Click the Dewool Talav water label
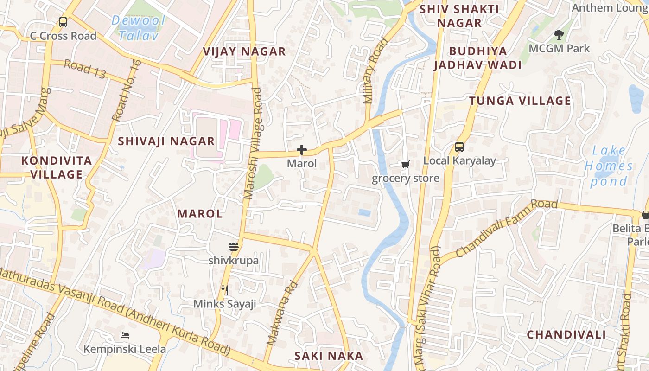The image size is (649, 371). point(139,28)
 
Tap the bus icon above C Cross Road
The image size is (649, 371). point(63,22)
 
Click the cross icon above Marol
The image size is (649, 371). point(302,150)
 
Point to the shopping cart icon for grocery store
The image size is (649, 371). point(406,164)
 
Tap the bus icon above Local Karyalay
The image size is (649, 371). point(459,147)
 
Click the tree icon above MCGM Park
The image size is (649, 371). point(559,34)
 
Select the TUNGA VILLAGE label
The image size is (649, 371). point(520,101)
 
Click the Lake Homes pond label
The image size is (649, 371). point(609,166)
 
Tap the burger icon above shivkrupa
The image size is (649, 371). point(233,246)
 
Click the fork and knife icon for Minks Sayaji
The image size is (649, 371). point(225,290)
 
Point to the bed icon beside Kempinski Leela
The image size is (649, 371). point(124,335)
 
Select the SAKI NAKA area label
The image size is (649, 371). point(329,356)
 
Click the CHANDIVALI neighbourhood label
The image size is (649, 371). point(566,334)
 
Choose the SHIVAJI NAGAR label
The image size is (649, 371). point(166,141)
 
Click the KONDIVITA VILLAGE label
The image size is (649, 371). point(57,167)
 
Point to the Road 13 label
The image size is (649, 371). point(85,69)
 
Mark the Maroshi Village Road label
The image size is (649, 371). point(253,144)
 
